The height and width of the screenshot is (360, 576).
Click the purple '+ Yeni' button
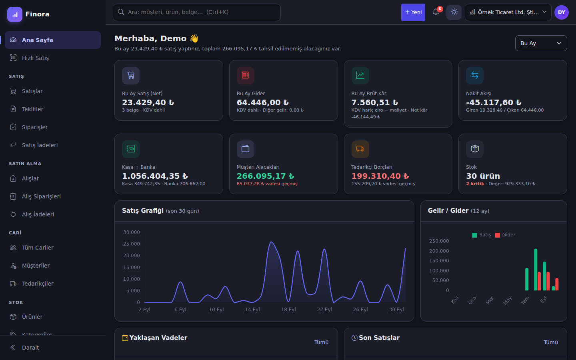(413, 12)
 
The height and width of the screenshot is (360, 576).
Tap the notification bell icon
(436, 12)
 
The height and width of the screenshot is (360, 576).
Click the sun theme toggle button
(454, 12)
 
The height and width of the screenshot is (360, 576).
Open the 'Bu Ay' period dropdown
(541, 43)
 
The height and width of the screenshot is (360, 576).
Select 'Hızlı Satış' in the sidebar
(35, 58)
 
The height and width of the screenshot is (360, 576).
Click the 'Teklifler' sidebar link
(32, 109)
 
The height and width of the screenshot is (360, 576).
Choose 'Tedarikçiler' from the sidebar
(38, 283)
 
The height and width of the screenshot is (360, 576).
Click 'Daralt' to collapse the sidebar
(30, 347)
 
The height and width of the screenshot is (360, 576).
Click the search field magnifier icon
(121, 12)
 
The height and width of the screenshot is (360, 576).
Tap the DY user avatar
(561, 12)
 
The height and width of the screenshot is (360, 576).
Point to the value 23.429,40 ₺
(148, 102)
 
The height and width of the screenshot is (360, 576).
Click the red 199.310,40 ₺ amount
(380, 176)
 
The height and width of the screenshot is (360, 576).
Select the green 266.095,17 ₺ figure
(265, 176)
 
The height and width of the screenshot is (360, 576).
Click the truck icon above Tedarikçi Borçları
(360, 149)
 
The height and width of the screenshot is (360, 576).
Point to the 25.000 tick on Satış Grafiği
(131, 244)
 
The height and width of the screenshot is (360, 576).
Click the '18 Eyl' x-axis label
(288, 309)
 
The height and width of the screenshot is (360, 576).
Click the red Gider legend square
(497, 235)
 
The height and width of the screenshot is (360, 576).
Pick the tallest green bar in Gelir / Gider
(536, 270)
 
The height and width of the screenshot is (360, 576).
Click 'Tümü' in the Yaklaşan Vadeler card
(321, 342)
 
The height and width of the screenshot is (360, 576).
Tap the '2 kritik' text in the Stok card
(475, 184)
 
